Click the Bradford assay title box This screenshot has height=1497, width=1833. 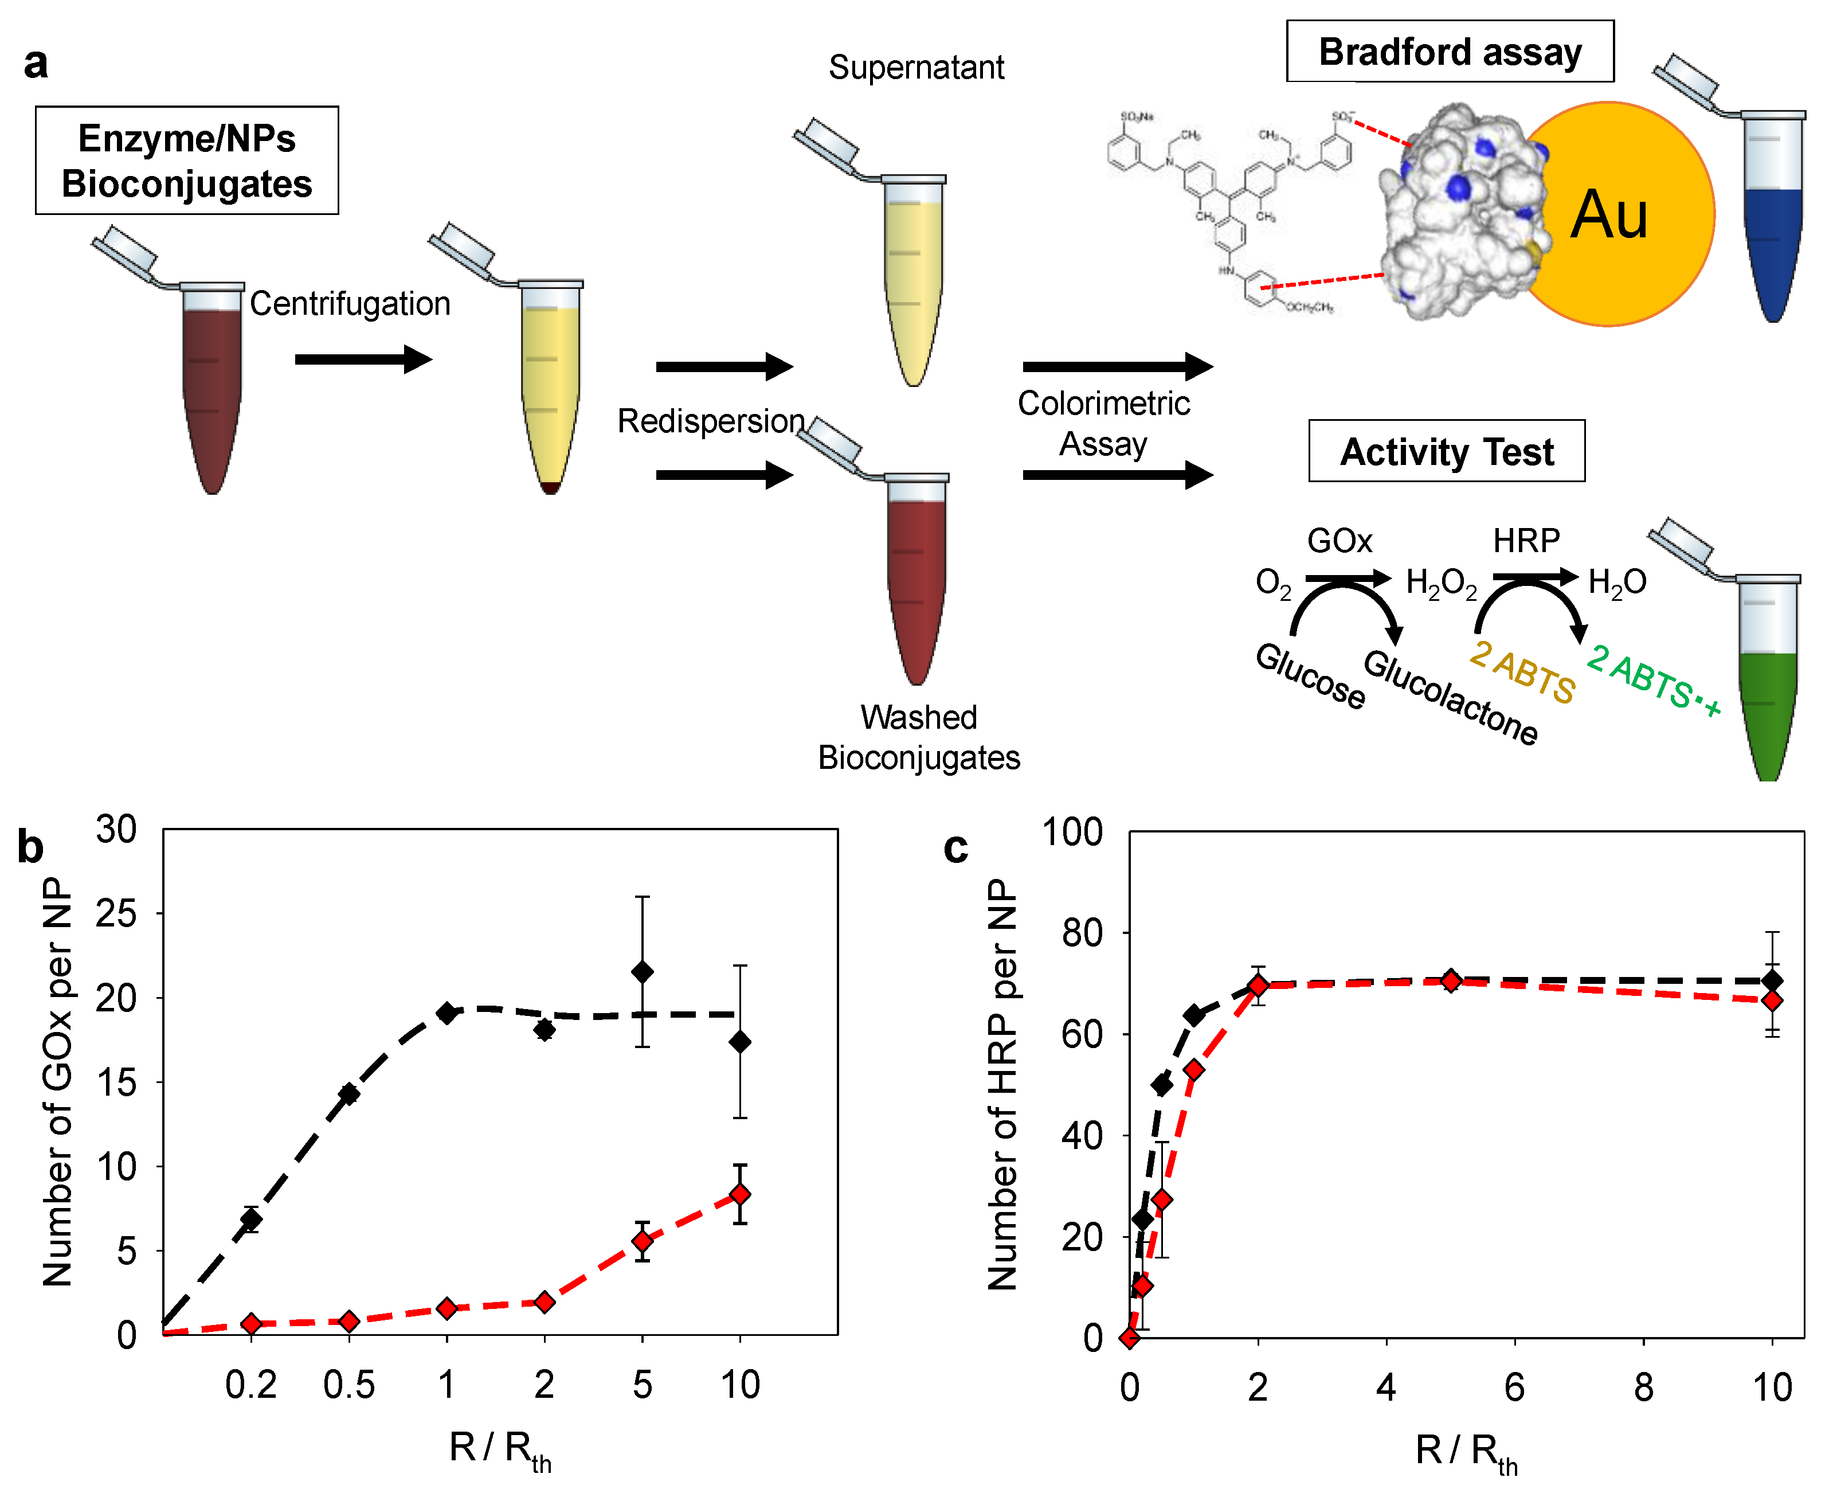click(x=1450, y=52)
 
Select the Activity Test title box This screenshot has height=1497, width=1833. click(x=1446, y=451)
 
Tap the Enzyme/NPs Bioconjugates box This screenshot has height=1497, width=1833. click(x=186, y=161)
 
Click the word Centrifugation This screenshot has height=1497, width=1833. click(x=350, y=303)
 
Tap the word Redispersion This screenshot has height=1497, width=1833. click(x=710, y=421)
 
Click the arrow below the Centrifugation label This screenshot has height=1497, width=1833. click(x=362, y=359)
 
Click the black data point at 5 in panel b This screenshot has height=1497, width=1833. click(x=643, y=972)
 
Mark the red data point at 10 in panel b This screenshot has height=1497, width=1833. click(x=740, y=1194)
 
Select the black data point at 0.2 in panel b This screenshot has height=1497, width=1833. click(x=251, y=1218)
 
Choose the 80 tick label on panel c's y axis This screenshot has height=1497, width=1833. click(x=1081, y=933)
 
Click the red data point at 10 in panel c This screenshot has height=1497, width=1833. click(x=1772, y=1001)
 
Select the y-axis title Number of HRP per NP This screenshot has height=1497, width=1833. click(x=1002, y=1084)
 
